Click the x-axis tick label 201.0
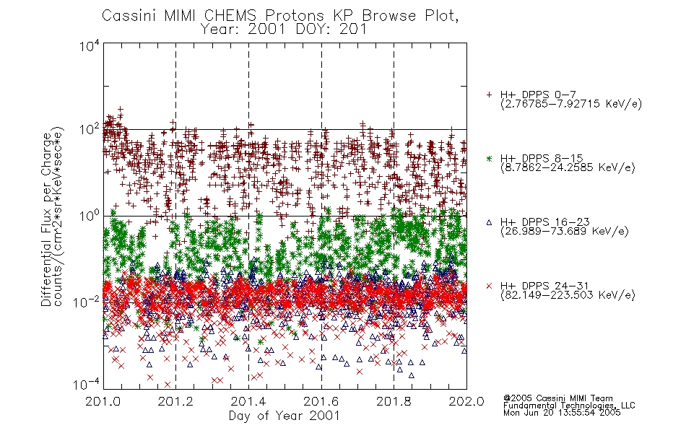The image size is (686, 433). point(103,401)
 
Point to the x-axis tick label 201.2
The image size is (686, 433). point(175,401)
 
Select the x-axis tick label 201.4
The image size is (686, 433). point(248,401)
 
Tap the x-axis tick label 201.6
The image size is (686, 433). point(321,401)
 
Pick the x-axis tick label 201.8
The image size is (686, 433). point(394,401)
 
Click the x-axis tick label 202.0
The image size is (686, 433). point(466,401)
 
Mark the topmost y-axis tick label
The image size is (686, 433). point(90,46)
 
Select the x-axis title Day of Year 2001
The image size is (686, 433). point(284,416)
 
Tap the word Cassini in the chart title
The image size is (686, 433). point(129,16)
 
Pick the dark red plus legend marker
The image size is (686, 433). point(489,95)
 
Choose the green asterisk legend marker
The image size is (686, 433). point(489,158)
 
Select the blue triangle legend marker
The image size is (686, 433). point(489,222)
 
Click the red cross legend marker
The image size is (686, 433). point(489,286)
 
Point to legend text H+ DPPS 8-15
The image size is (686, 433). point(542,158)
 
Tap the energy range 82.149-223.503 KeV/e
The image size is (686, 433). point(568,295)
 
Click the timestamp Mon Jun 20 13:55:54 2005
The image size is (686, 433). point(562,413)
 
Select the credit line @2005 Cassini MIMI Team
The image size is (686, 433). point(557,398)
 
